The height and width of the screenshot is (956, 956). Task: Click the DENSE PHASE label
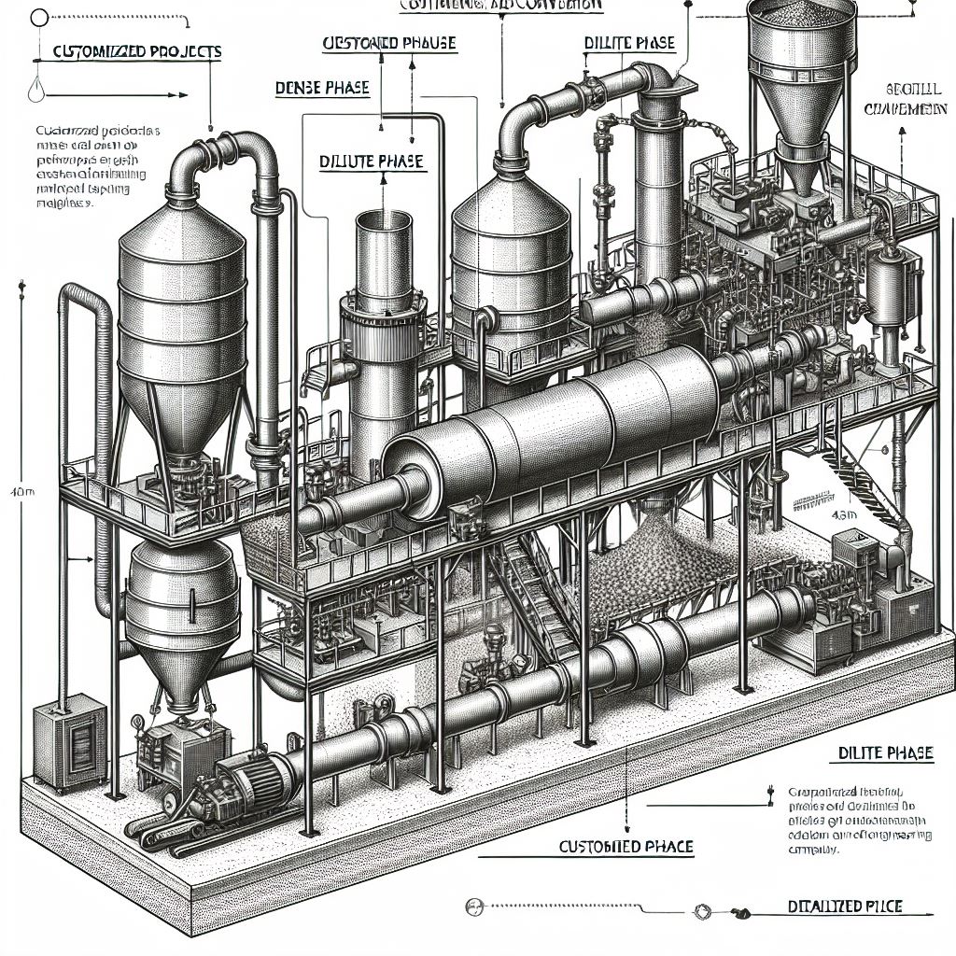pos(322,89)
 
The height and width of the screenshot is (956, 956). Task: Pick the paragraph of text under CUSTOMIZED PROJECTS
pos(85,164)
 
